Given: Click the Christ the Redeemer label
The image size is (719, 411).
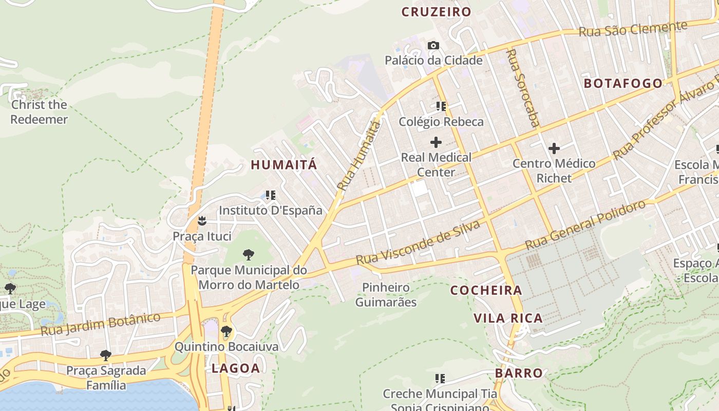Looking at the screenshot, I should click(39, 112).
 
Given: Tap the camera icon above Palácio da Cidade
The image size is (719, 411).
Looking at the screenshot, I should click(433, 46).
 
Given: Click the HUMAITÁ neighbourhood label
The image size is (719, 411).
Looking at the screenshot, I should click(284, 165).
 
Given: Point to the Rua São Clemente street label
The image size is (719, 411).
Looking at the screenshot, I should click(633, 28).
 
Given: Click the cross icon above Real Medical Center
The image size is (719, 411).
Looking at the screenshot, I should click(436, 142).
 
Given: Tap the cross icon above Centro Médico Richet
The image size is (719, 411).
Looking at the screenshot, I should click(554, 149).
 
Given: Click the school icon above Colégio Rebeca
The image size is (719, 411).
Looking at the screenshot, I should click(441, 106).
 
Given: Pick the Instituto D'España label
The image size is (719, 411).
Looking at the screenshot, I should click(271, 211).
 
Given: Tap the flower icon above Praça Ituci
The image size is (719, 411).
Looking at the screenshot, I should click(202, 221).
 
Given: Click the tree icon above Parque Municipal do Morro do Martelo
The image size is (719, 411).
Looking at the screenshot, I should click(249, 254).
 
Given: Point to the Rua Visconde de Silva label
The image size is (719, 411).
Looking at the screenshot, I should click(418, 242).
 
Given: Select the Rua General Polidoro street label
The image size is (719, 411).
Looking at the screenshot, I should click(585, 222).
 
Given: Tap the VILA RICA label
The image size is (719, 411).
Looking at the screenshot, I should click(508, 318).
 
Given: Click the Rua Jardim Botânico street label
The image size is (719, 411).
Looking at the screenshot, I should click(101, 324).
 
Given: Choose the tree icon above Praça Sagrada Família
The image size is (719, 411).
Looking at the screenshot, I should click(106, 355).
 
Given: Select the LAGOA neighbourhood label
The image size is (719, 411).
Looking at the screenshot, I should click(236, 368).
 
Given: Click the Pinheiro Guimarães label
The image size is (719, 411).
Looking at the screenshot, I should click(386, 294).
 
